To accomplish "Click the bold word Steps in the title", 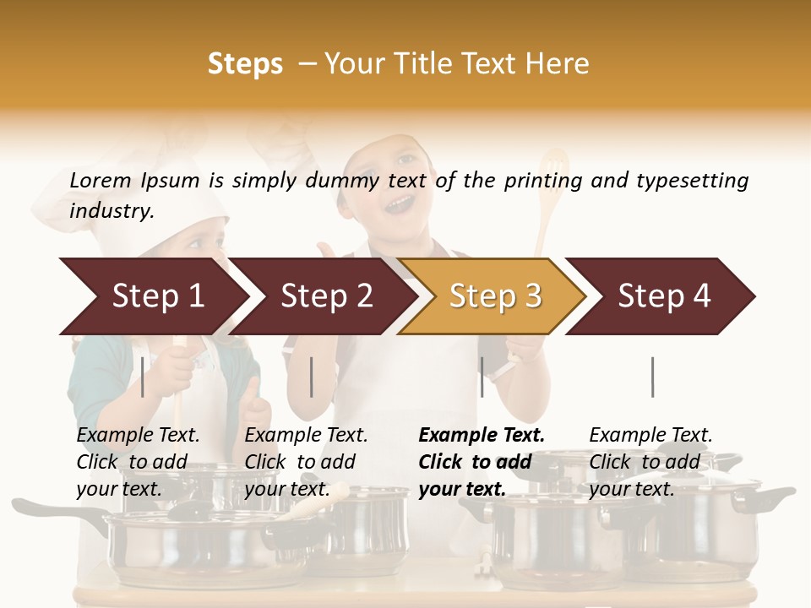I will pos(245,64).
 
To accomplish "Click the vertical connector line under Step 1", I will pos(143,377).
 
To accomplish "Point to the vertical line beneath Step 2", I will pos(312,377).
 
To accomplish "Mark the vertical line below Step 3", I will pos(482,377).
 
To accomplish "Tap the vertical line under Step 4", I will pos(652,377).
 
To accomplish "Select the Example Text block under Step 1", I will pos(138,462).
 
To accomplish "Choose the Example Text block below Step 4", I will pos(650,462).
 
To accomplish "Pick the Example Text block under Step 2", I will pos(306,462).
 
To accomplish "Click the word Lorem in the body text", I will pos(101,180).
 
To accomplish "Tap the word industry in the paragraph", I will pos(112,211).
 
